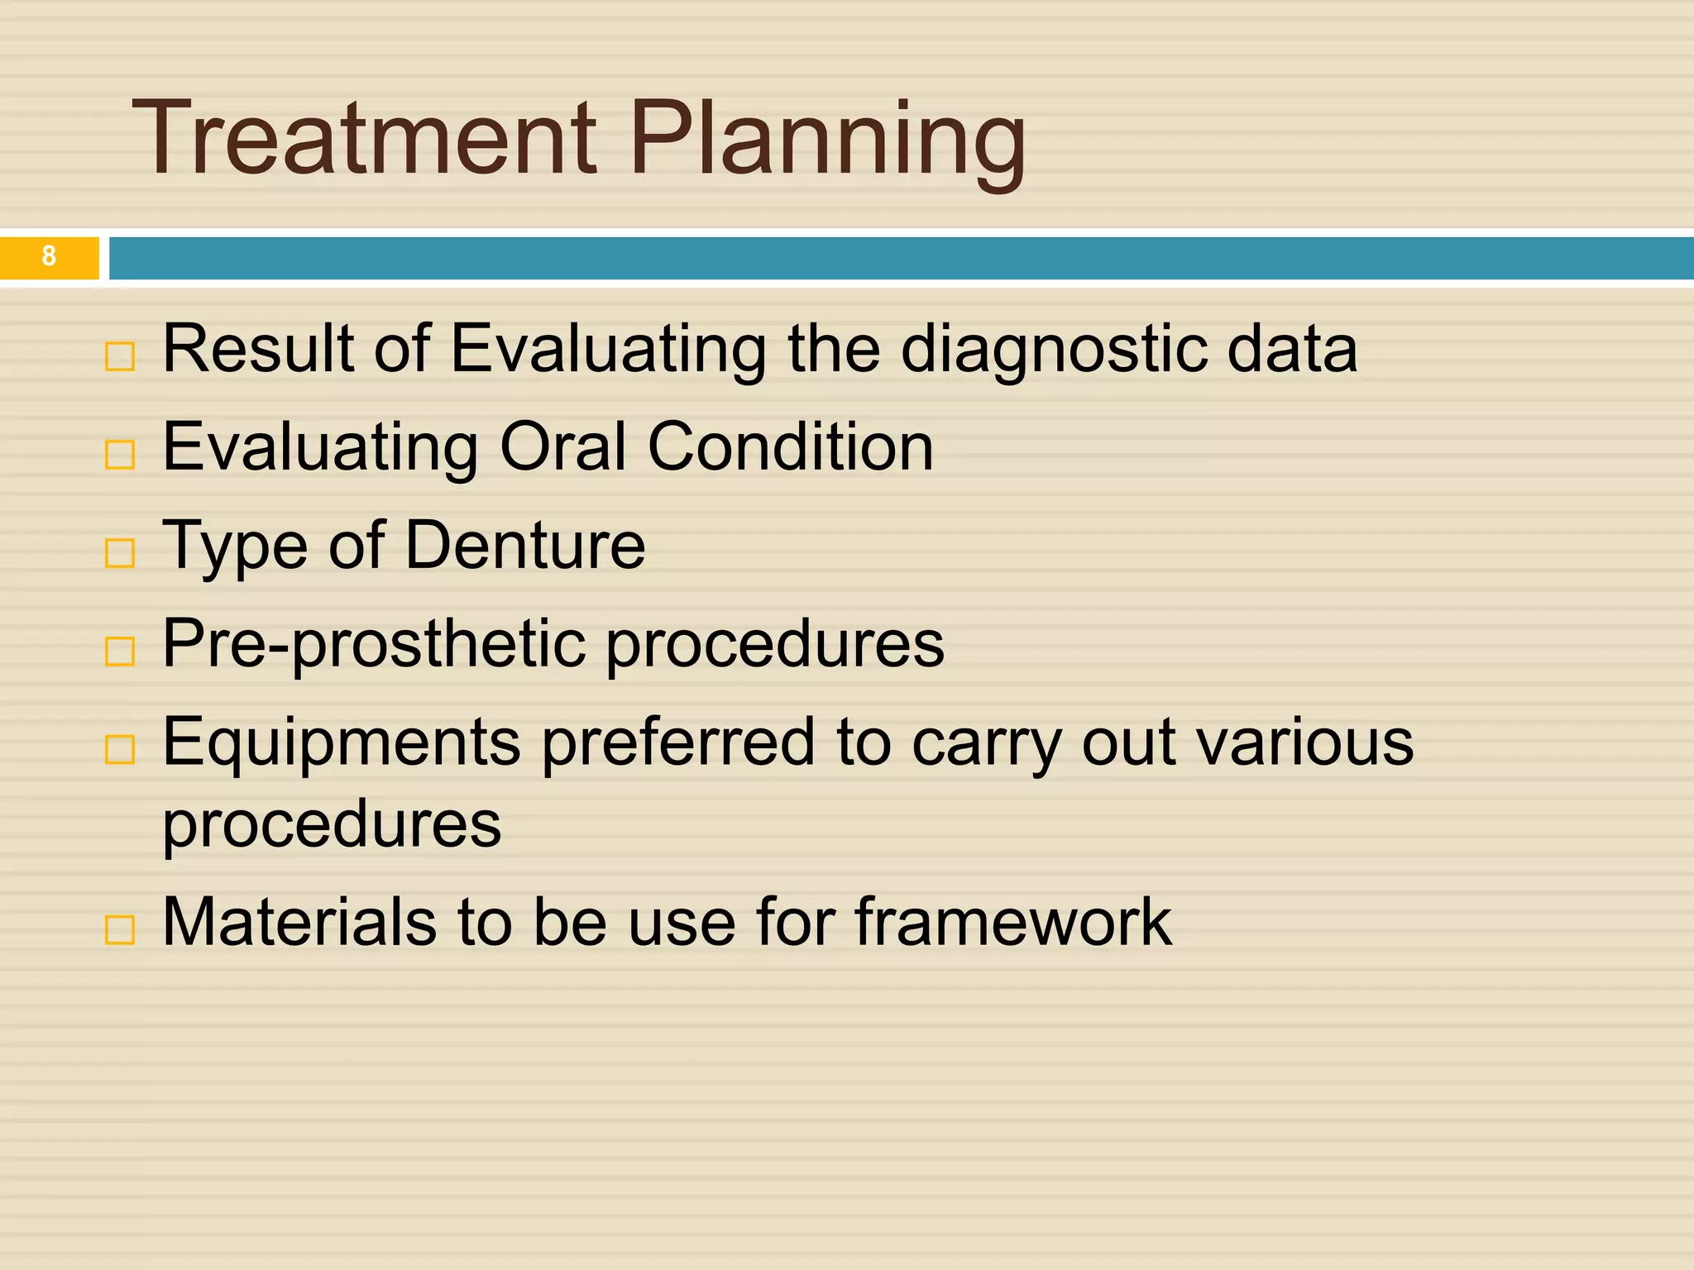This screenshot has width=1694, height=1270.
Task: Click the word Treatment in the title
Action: coord(364,138)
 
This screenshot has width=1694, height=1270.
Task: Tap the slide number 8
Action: coord(49,256)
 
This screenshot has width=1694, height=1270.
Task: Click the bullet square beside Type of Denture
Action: coord(120,553)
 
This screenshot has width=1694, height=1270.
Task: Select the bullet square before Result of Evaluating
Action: coord(120,356)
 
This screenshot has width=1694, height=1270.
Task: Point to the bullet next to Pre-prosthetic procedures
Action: coord(120,652)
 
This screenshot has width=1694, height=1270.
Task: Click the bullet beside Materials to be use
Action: coord(120,930)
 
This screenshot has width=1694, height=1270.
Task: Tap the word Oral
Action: coord(562,447)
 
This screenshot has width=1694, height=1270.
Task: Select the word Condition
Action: coord(790,447)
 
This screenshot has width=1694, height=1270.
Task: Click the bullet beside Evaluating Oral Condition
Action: coord(120,455)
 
